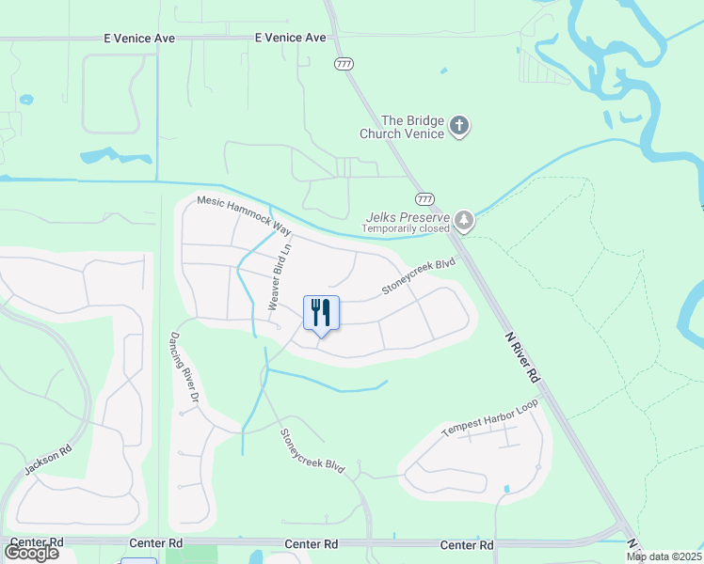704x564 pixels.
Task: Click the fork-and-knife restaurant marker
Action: pyautogui.click(x=321, y=312)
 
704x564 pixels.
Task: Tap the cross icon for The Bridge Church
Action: pyautogui.click(x=459, y=126)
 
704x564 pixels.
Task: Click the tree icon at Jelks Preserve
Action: pyautogui.click(x=463, y=221)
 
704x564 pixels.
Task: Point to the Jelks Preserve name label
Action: pyautogui.click(x=407, y=216)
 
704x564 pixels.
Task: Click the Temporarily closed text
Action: pyautogui.click(x=407, y=228)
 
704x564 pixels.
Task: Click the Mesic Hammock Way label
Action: pyautogui.click(x=244, y=215)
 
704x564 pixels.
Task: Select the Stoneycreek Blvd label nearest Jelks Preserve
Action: pyautogui.click(x=418, y=277)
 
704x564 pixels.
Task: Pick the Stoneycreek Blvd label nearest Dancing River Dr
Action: pyautogui.click(x=312, y=450)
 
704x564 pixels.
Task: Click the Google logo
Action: pyautogui.click(x=31, y=552)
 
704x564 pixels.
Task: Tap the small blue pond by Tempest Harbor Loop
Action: pyautogui.click(x=506, y=489)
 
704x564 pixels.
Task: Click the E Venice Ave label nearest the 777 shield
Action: pyautogui.click(x=290, y=38)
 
